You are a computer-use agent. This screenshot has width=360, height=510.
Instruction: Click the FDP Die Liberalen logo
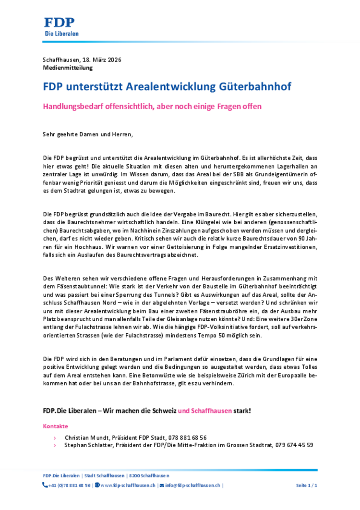click(61, 26)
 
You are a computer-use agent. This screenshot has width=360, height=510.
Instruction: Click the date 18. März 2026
click(101, 60)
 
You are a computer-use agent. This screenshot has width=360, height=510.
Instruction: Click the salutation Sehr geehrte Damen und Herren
click(87, 134)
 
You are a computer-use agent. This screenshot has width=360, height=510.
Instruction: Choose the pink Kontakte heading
click(55, 426)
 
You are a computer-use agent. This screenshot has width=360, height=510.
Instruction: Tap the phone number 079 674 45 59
click(294, 445)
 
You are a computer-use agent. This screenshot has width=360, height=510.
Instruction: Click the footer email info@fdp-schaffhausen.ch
click(192, 486)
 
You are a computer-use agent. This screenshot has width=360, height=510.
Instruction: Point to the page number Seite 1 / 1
click(306, 486)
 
